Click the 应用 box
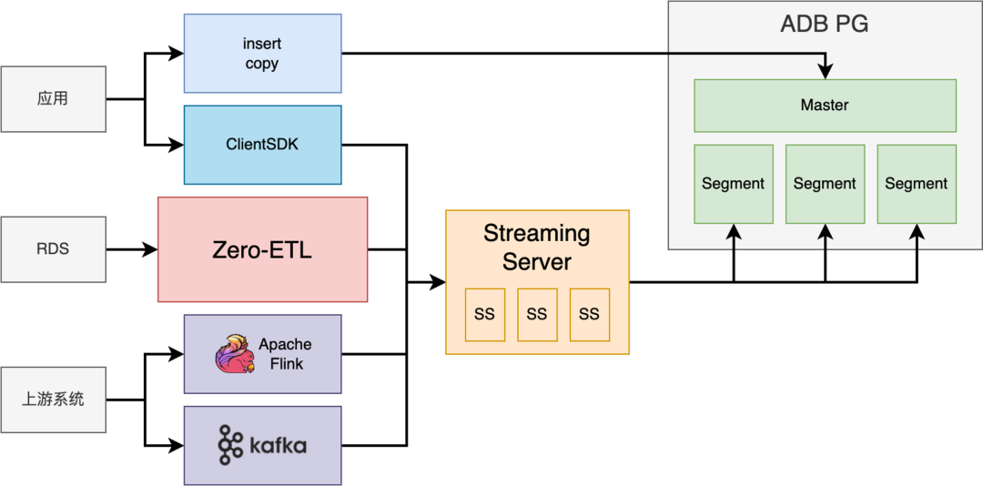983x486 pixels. pyautogui.click(x=54, y=98)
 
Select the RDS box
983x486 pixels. pyautogui.click(x=54, y=248)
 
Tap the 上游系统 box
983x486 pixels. pyautogui.click(x=54, y=399)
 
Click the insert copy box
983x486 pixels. pyautogui.click(x=262, y=53)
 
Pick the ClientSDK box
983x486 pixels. pyautogui.click(x=262, y=144)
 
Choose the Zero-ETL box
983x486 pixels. pyautogui.click(x=262, y=249)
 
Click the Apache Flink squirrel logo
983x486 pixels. pyautogui.click(x=235, y=354)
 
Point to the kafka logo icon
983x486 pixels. pyautogui.click(x=230, y=445)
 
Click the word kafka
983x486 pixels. pyautogui.click(x=278, y=446)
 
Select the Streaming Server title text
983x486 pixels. pyautogui.click(x=536, y=248)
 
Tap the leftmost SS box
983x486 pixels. pyautogui.click(x=484, y=314)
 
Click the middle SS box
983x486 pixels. pyautogui.click(x=537, y=314)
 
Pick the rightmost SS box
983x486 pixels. pyautogui.click(x=589, y=314)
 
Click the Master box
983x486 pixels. pyautogui.click(x=825, y=106)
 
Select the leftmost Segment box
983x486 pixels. pyautogui.click(x=734, y=184)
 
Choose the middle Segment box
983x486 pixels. pyautogui.click(x=825, y=184)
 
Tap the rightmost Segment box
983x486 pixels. pyautogui.click(x=917, y=184)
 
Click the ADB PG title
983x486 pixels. pyautogui.click(x=825, y=25)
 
